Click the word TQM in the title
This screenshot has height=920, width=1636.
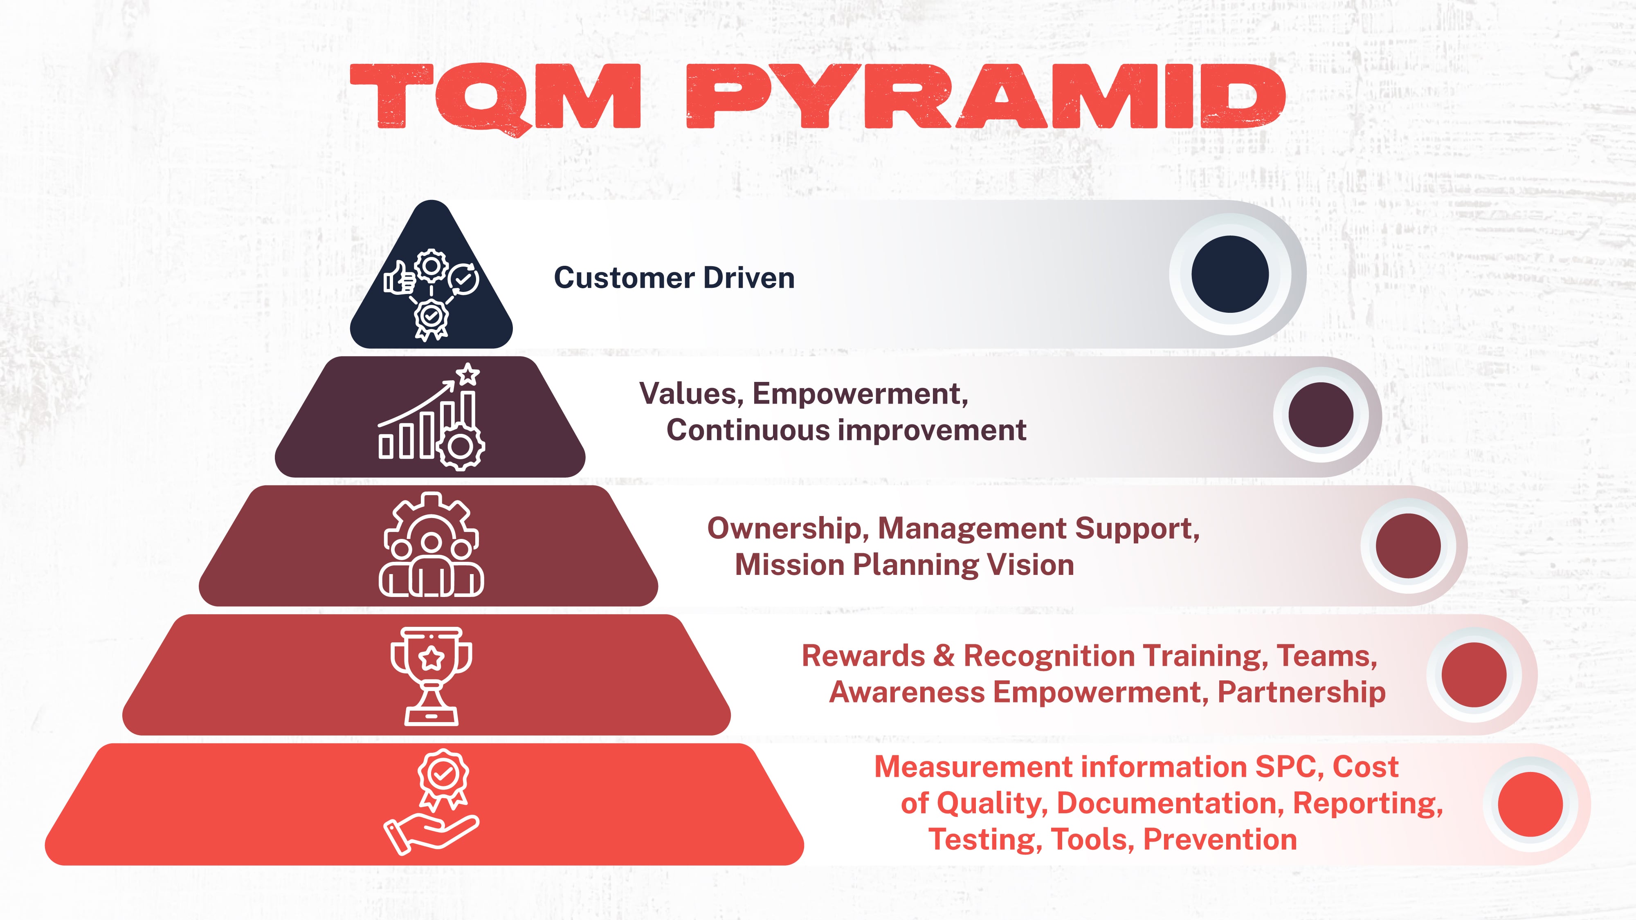pyautogui.click(x=495, y=96)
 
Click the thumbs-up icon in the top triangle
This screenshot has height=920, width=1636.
pyautogui.click(x=399, y=278)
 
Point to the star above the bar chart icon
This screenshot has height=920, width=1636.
pyautogui.click(x=468, y=373)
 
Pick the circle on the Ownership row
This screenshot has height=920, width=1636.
pyautogui.click(x=1408, y=546)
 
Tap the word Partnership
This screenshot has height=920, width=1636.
pyautogui.click(x=1301, y=692)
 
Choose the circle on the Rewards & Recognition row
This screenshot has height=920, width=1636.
pyautogui.click(x=1473, y=674)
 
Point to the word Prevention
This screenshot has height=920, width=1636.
pyautogui.click(x=1219, y=839)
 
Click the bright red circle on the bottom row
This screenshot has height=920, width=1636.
pyautogui.click(x=1530, y=804)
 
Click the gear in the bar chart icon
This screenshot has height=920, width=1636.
pyautogui.click(x=461, y=447)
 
